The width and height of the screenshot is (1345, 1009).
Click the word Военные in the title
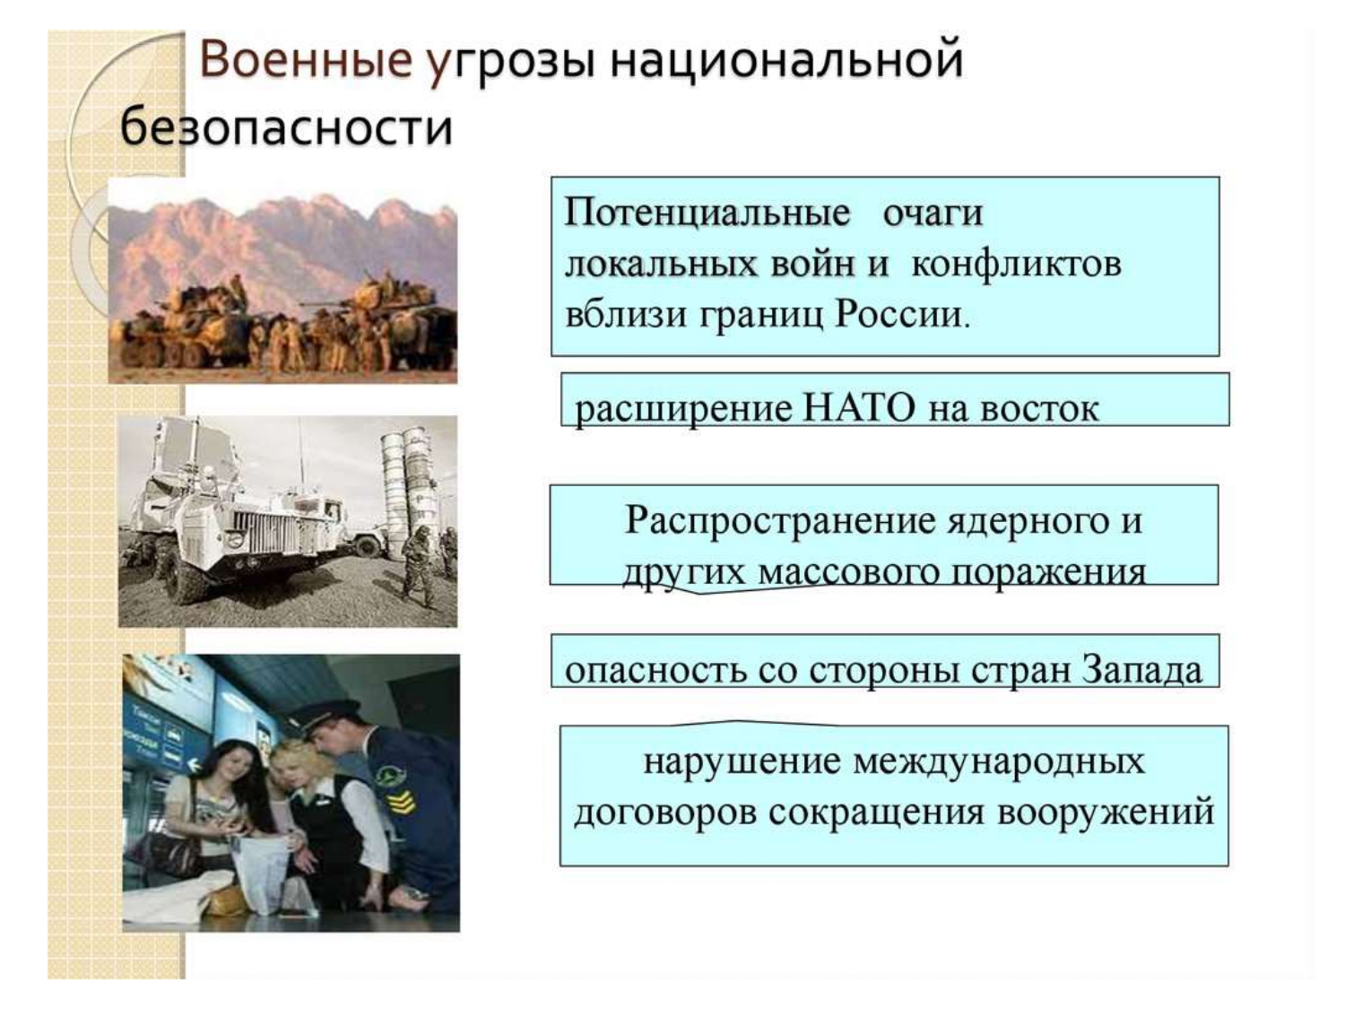tap(305, 59)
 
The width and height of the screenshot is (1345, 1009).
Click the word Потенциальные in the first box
tap(707, 213)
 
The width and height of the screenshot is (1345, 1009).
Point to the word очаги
tap(933, 213)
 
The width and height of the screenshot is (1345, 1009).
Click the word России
tap(903, 315)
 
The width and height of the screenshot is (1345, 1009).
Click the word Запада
tap(1141, 670)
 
